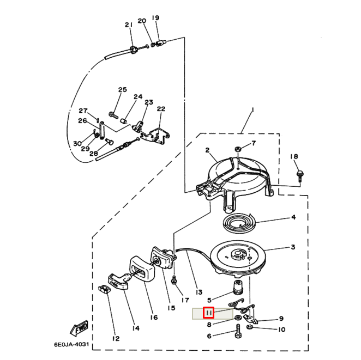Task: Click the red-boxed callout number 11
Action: [208, 313]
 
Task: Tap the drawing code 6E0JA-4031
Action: [71, 344]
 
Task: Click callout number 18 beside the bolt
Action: [294, 157]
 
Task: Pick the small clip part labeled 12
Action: [104, 289]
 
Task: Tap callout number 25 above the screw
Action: [122, 90]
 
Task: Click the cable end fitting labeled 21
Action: [133, 50]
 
